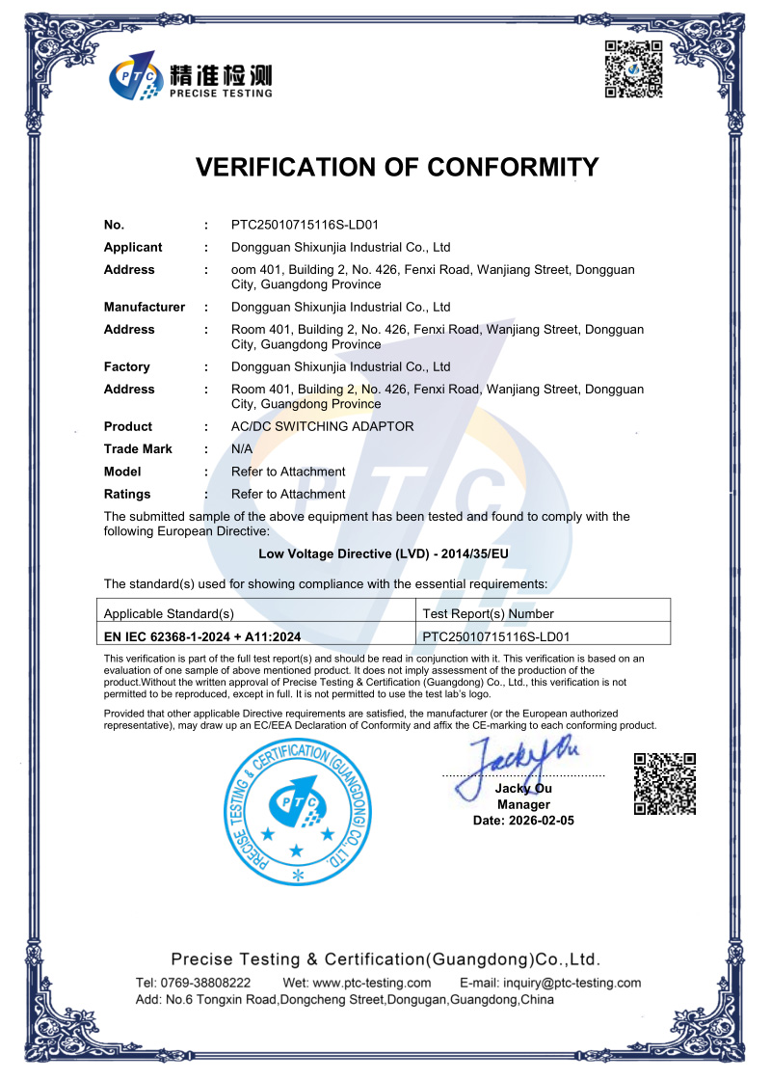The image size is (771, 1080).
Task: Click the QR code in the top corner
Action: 633,69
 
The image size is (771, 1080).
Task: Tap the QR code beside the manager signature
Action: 664,783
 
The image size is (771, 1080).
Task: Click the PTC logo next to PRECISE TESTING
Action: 137,77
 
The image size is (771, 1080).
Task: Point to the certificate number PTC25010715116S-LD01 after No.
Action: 312,225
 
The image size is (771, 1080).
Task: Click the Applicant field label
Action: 133,247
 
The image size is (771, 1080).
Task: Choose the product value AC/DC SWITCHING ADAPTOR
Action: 322,426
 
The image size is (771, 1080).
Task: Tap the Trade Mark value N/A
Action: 242,448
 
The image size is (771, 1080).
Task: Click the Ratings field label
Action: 127,494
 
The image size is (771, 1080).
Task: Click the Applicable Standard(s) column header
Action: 169,613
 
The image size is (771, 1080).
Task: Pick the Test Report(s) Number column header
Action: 489,613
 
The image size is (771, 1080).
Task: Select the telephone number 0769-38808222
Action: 206,983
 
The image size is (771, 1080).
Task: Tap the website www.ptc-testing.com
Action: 371,983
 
